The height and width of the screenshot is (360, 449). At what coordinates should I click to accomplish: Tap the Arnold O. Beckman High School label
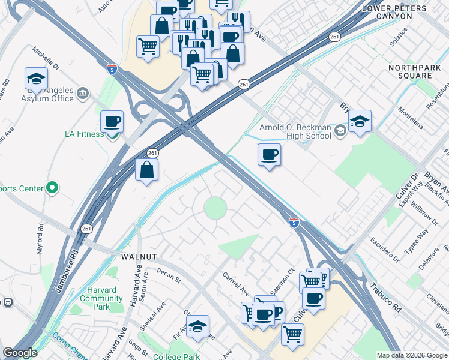pyautogui.click(x=295, y=131)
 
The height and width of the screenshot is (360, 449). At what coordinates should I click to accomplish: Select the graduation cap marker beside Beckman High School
pyautogui.click(x=359, y=122)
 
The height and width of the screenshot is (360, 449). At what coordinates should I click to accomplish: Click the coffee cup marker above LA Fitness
pyautogui.click(x=112, y=122)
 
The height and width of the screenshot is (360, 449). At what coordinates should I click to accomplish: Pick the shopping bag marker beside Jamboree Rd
pyautogui.click(x=147, y=170)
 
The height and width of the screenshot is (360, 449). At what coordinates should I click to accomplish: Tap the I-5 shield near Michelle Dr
pyautogui.click(x=112, y=68)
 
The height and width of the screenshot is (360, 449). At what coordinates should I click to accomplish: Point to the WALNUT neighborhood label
pyautogui.click(x=139, y=256)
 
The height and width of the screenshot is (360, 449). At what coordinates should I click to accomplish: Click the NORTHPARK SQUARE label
pyautogui.click(x=418, y=72)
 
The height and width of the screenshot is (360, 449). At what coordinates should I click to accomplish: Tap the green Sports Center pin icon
pyautogui.click(x=52, y=188)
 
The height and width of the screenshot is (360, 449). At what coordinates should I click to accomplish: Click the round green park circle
pyautogui.click(x=215, y=208)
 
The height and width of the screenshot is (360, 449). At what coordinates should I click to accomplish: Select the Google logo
pyautogui.click(x=20, y=353)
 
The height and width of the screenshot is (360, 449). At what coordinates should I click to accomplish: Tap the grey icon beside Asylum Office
pyautogui.click(x=83, y=93)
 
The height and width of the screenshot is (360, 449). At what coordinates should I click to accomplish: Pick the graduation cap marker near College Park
pyautogui.click(x=197, y=326)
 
